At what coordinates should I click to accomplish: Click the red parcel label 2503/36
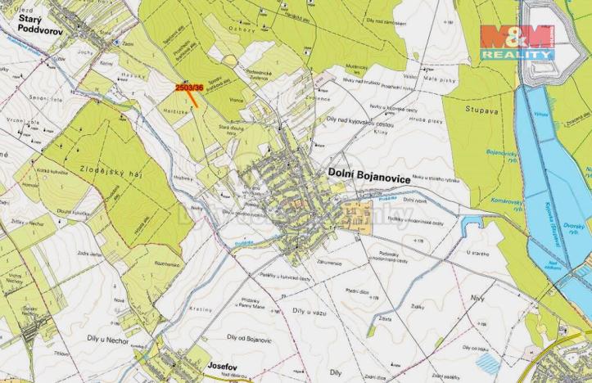[x=190, y=86]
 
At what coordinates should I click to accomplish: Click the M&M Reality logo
[x=517, y=42]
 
